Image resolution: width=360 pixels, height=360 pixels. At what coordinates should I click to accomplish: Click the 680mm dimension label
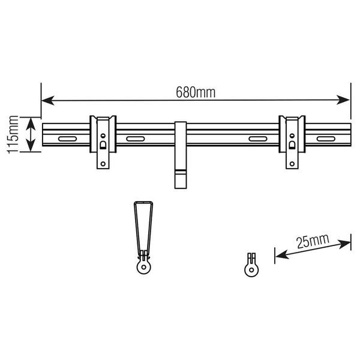pos(196,93)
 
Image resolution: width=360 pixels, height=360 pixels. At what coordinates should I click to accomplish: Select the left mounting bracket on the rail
pos(103,142)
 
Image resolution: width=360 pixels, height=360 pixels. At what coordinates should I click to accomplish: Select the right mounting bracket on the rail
pos(292,142)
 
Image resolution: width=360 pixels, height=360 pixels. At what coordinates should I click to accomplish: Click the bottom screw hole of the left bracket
pos(103,162)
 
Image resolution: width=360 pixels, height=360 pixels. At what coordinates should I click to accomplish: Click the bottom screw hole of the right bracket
pos(292,162)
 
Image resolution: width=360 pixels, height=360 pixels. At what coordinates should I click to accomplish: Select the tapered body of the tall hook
pos(143,225)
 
